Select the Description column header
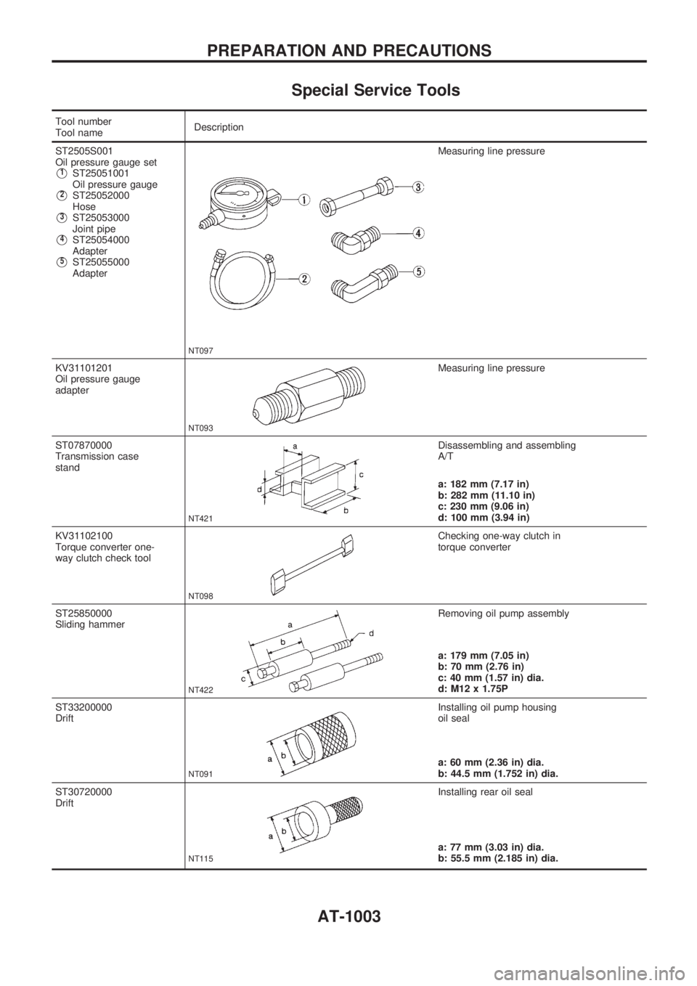pos(219,126)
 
